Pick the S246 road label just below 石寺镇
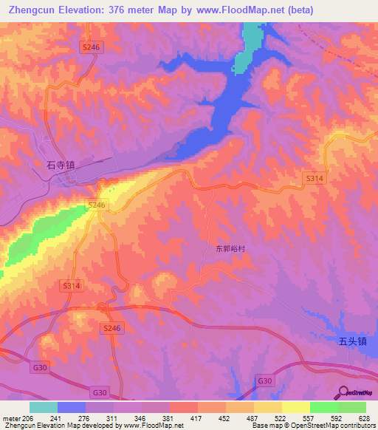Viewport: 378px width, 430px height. (97, 205)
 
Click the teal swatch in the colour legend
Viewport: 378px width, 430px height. (44, 406)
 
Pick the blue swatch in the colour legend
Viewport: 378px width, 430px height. (72, 406)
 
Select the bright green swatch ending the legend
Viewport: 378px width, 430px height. (352, 406)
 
